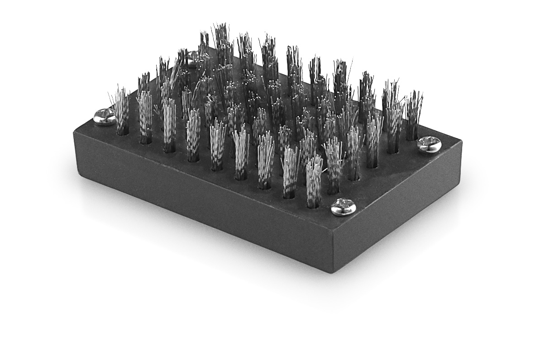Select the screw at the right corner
[x=428, y=144]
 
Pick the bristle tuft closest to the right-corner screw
[x=413, y=115]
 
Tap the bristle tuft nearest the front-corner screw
[x=314, y=181]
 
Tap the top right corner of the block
[x=461, y=141]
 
